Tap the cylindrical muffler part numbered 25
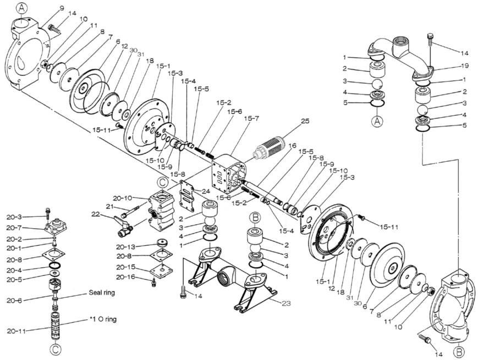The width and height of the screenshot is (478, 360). click(271, 146)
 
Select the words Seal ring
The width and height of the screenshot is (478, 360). click(102, 293)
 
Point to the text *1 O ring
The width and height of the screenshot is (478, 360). click(103, 319)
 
